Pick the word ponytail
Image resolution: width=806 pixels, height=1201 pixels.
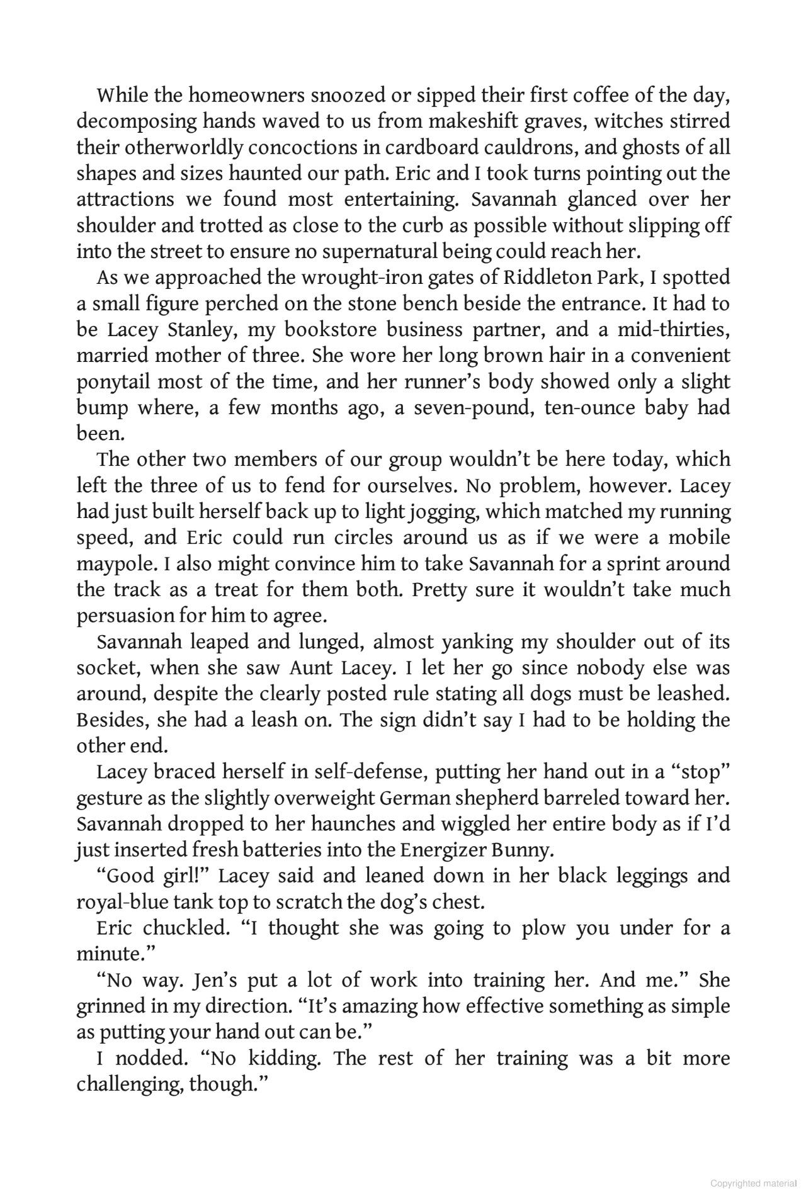113,382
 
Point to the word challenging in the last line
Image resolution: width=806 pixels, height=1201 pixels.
128,1085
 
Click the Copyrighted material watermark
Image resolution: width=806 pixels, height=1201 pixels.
752,1184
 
